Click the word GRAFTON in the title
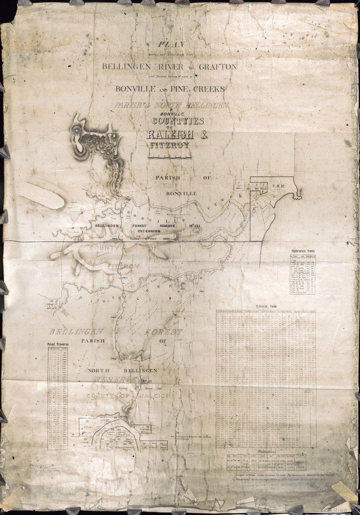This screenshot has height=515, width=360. coord(215,67)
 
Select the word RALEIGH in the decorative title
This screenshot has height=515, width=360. coord(170,135)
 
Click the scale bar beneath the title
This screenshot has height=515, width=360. coord(169,158)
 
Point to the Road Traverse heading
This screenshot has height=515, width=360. coord(58,344)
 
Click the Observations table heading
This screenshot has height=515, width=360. coord(265,451)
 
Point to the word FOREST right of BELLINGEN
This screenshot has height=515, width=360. coord(163,332)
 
